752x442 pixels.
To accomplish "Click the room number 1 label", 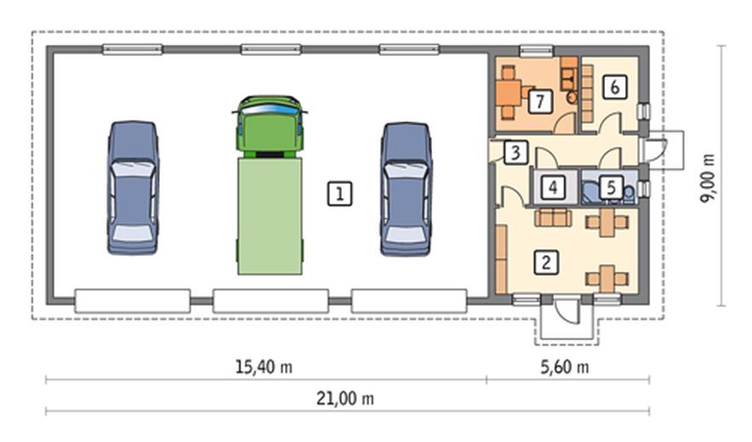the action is click(x=340, y=194).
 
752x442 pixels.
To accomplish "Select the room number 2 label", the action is click(x=546, y=263).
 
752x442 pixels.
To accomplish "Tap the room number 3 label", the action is click(x=516, y=152).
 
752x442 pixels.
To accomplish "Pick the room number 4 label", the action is click(x=553, y=188).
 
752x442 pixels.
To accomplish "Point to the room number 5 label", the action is click(x=611, y=188).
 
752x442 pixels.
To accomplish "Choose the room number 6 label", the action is click(x=615, y=88).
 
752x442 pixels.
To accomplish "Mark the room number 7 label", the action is click(x=540, y=101).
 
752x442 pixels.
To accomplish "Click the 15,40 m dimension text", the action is click(x=264, y=367).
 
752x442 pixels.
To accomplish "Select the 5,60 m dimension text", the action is click(x=565, y=367).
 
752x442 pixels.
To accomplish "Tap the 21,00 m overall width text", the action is click(x=345, y=399).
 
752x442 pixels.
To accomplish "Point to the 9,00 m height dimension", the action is click(x=708, y=178).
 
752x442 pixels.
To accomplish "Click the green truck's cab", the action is click(x=270, y=127).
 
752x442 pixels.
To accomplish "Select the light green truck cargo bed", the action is click(x=270, y=216).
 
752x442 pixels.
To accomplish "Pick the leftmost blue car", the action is click(x=133, y=188).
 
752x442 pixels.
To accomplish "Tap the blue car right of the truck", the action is click(x=407, y=190).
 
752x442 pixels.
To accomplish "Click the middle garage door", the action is click(x=271, y=301).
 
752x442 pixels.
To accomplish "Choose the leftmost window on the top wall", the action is click(x=133, y=49).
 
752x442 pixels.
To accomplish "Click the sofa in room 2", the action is click(x=553, y=217).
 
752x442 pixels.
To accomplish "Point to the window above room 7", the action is click(x=537, y=49).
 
